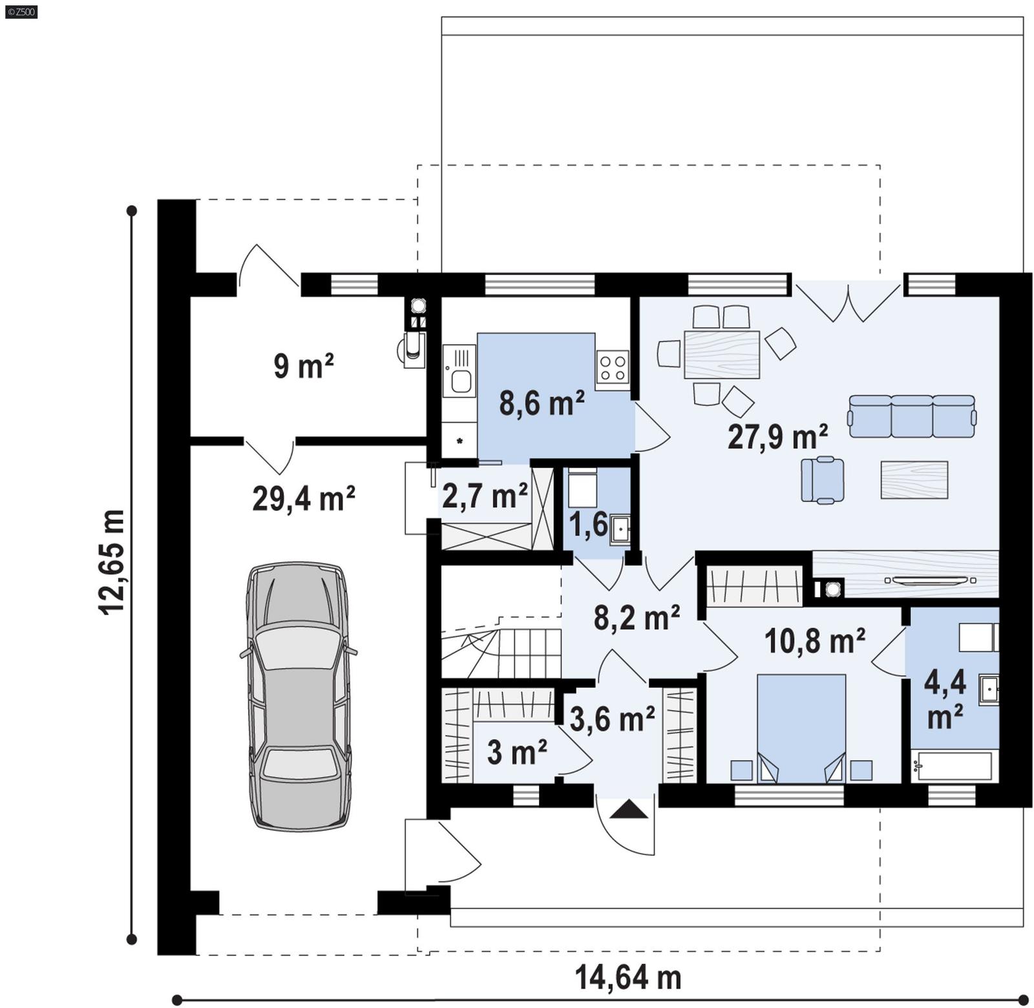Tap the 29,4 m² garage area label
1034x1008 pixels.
pyautogui.click(x=303, y=499)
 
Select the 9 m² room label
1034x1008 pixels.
pyautogui.click(x=303, y=366)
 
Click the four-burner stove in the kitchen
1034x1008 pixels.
pyautogui.click(x=612, y=366)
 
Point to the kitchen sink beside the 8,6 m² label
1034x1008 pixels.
pyautogui.click(x=459, y=371)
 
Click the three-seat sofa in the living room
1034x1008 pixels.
pyautogui.click(x=911, y=416)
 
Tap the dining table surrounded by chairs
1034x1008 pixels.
pyautogui.click(x=721, y=354)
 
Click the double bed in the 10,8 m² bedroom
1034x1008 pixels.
pyautogui.click(x=801, y=728)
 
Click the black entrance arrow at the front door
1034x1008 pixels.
pyautogui.click(x=628, y=809)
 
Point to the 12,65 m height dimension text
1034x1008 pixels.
pyautogui.click(x=112, y=562)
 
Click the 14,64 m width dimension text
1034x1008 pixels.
pyautogui.click(x=628, y=978)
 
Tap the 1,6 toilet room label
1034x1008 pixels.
pyautogui.click(x=588, y=524)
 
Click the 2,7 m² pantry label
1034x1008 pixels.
pyautogui.click(x=485, y=496)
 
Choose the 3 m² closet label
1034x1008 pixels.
pyautogui.click(x=516, y=752)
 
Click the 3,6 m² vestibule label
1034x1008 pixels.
pyautogui.click(x=611, y=719)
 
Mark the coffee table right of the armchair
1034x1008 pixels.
pyautogui.click(x=914, y=479)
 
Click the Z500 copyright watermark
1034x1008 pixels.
pyautogui.click(x=21, y=11)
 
